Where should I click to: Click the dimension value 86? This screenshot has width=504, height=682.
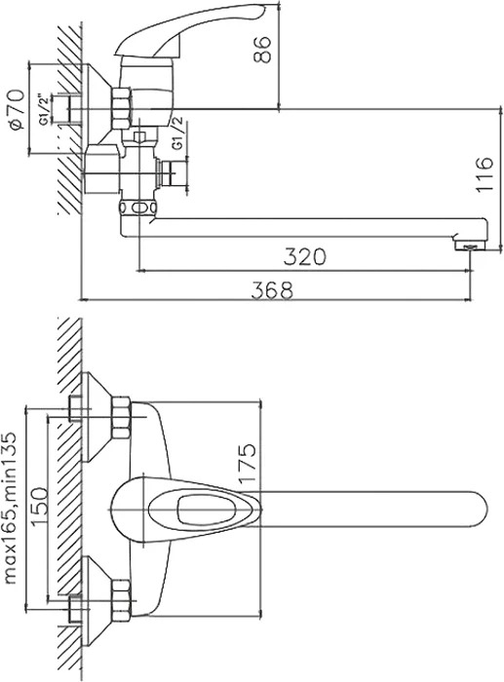click(x=262, y=51)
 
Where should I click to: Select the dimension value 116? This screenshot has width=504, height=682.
click(x=484, y=174)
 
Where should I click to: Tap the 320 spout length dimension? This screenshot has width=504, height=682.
click(x=304, y=256)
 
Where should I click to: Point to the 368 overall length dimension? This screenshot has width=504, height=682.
click(x=272, y=289)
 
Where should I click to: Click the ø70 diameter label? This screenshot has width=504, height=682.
click(x=18, y=109)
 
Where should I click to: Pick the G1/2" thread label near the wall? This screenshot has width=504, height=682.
click(x=45, y=109)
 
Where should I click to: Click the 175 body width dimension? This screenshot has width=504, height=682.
click(x=247, y=463)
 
